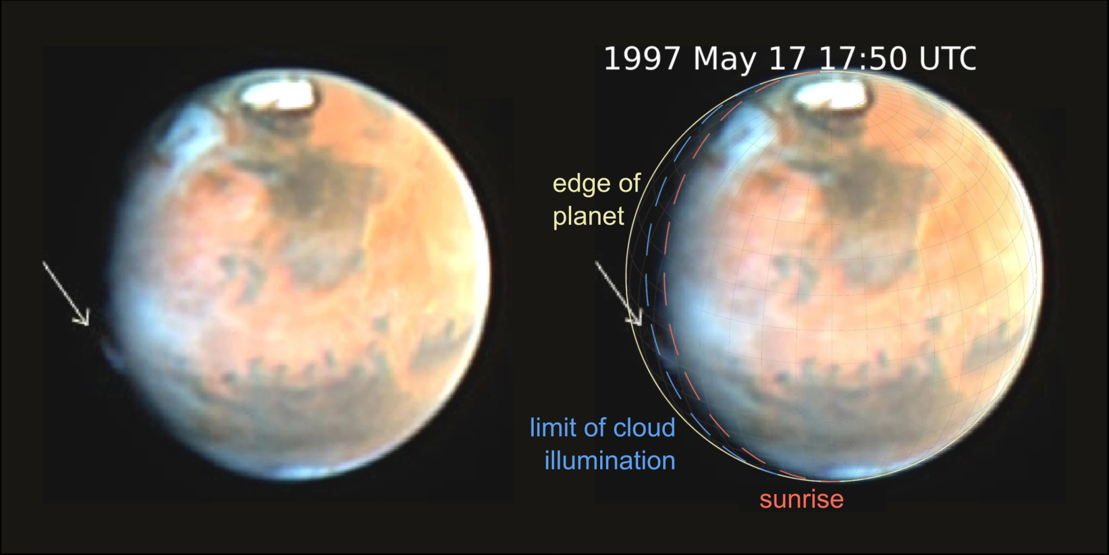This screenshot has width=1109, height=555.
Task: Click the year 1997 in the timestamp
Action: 642,59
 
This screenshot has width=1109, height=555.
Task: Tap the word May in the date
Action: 724,59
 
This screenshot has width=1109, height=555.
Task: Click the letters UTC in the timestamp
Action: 947,59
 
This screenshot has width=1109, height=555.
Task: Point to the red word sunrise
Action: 801,500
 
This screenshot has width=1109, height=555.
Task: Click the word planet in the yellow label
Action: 588,216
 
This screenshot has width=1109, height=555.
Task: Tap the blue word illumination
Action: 609,461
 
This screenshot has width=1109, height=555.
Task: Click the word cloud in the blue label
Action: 644,428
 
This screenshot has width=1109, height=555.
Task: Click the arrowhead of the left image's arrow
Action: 84,320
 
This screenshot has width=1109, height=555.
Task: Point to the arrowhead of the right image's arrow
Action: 637,319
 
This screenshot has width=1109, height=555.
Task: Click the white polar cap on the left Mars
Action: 279,94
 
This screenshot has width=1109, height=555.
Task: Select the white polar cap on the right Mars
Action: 832,94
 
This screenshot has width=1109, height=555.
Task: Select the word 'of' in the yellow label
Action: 630,184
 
